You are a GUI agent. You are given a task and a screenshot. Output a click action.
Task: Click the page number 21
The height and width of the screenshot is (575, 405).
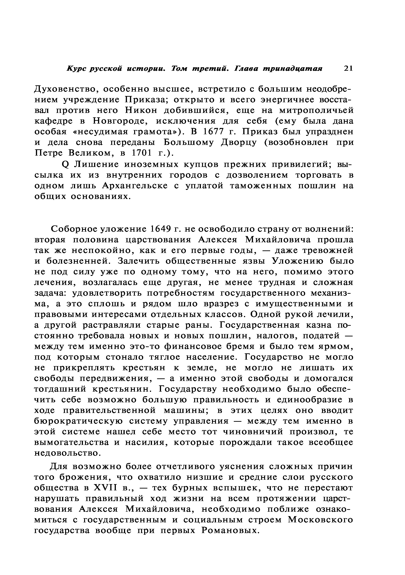tap(348, 68)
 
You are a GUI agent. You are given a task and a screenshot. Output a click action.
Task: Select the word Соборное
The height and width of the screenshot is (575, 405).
tap(73, 229)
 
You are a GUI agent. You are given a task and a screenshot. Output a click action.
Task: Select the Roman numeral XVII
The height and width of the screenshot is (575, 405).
tap(105, 488)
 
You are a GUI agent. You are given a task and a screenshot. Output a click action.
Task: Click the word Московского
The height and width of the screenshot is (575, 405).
tap(320, 520)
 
